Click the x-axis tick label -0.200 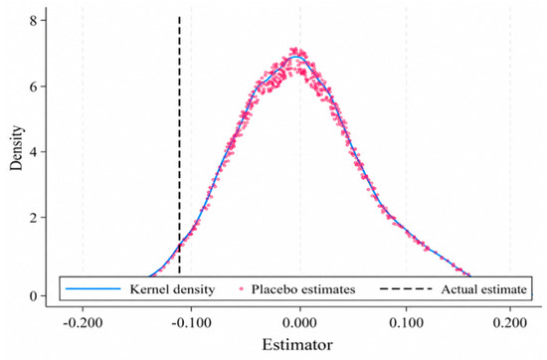83,322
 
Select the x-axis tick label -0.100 191,322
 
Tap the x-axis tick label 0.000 299,322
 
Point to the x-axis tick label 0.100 406,322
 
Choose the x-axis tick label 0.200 510,322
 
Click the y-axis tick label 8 33,21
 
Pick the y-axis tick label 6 33,87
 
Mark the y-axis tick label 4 33,152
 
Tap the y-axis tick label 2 33,218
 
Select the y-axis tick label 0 33,295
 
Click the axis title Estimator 297,345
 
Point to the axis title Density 16,148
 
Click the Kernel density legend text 172,289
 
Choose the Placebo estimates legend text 303,289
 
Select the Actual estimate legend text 484,289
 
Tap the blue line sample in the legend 93,288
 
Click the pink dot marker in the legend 242,288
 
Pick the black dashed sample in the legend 406,288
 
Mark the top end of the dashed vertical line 179,17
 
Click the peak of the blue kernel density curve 296,56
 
